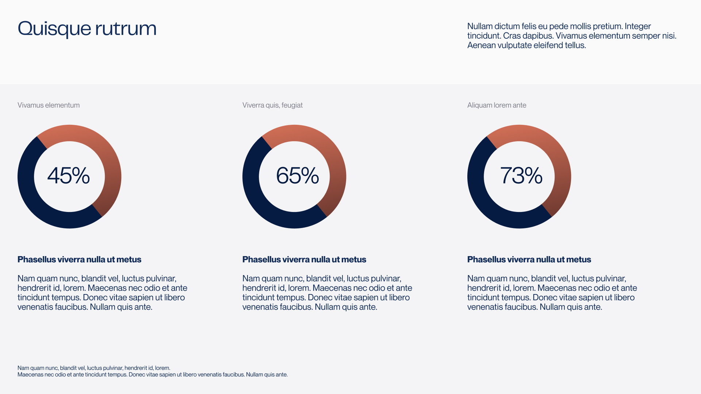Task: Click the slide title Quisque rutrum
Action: pyautogui.click(x=87, y=28)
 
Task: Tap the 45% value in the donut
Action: pyautogui.click(x=69, y=175)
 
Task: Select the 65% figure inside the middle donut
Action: pyautogui.click(x=297, y=175)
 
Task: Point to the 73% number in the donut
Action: pyautogui.click(x=521, y=175)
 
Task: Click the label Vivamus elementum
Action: pyautogui.click(x=49, y=105)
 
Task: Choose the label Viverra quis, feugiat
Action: pyautogui.click(x=272, y=105)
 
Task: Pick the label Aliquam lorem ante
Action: pyautogui.click(x=497, y=105)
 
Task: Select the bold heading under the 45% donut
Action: pyautogui.click(x=79, y=259)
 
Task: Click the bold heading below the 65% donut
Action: pyautogui.click(x=304, y=259)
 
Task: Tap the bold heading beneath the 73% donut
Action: pyautogui.click(x=529, y=259)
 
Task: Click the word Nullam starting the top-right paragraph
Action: pyautogui.click(x=479, y=26)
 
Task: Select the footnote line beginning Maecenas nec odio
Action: pyautogui.click(x=152, y=375)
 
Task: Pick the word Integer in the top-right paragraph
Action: pyautogui.click(x=637, y=26)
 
